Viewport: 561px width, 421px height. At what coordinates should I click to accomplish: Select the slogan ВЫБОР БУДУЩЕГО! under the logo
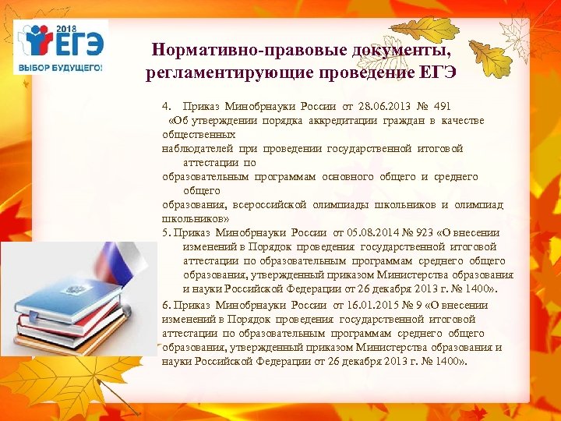pyautogui.click(x=61, y=68)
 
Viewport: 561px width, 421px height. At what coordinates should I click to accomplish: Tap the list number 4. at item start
pyautogui.click(x=167, y=106)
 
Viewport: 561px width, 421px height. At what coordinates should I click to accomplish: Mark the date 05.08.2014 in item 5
pyautogui.click(x=372, y=232)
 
